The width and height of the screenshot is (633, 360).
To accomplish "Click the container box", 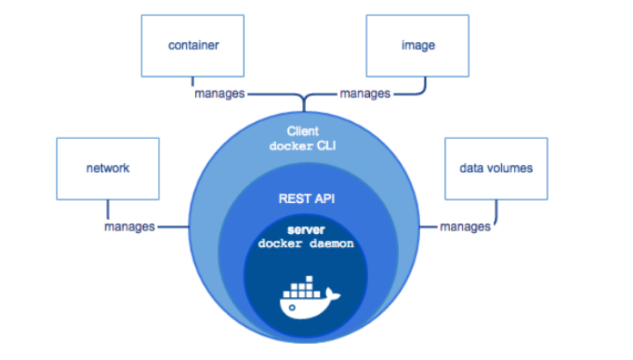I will tap(193, 45).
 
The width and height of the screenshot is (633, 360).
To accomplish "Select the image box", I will tap(418, 45).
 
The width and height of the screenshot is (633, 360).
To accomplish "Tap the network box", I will tap(108, 169).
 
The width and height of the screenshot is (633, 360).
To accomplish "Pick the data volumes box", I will tap(495, 169).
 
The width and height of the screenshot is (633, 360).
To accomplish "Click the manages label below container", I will tap(219, 94).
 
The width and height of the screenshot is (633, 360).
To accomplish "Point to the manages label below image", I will tap(364, 94).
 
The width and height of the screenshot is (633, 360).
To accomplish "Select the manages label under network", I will tap(129, 227).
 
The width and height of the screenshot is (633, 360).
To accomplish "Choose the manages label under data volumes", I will tap(465, 227).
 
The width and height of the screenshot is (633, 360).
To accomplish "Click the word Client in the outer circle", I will tap(304, 130).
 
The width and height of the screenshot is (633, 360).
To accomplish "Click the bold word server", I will tap(305, 231).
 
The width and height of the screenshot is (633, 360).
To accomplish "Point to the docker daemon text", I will tap(305, 244).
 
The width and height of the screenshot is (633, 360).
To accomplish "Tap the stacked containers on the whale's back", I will tap(301, 286).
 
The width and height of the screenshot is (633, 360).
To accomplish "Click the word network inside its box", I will tap(108, 169).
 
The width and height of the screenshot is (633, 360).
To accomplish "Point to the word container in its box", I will tap(193, 45).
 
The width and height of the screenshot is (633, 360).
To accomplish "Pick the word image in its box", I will tap(418, 45).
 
